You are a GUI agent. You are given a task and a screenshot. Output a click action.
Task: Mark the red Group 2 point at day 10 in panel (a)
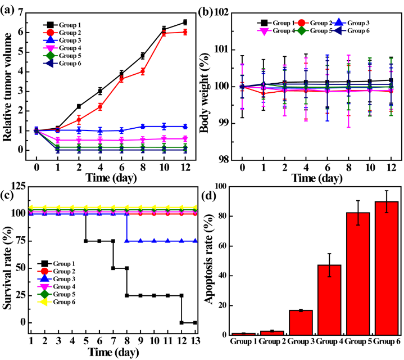pos(164,33)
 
